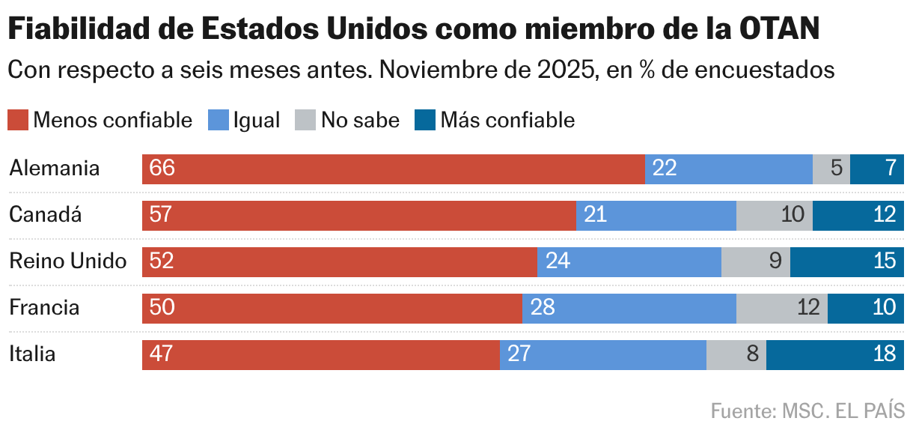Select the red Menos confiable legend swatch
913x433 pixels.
point(18,120)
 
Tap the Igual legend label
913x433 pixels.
point(256,120)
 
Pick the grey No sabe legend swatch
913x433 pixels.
point(305,120)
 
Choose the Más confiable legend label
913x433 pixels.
point(507,120)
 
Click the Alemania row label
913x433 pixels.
point(54,169)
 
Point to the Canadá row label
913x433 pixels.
point(45,215)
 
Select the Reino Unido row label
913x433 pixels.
point(67,261)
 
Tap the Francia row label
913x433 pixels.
point(44,308)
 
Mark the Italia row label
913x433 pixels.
point(32,354)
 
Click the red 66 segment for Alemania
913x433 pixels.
point(393,169)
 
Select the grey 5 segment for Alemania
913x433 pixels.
point(831,169)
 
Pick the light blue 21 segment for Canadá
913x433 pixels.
point(656,215)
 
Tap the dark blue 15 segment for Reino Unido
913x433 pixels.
point(846,261)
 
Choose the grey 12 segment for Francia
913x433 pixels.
point(781,308)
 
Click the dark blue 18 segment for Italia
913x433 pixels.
point(834,354)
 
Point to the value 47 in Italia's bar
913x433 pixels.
point(161,354)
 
